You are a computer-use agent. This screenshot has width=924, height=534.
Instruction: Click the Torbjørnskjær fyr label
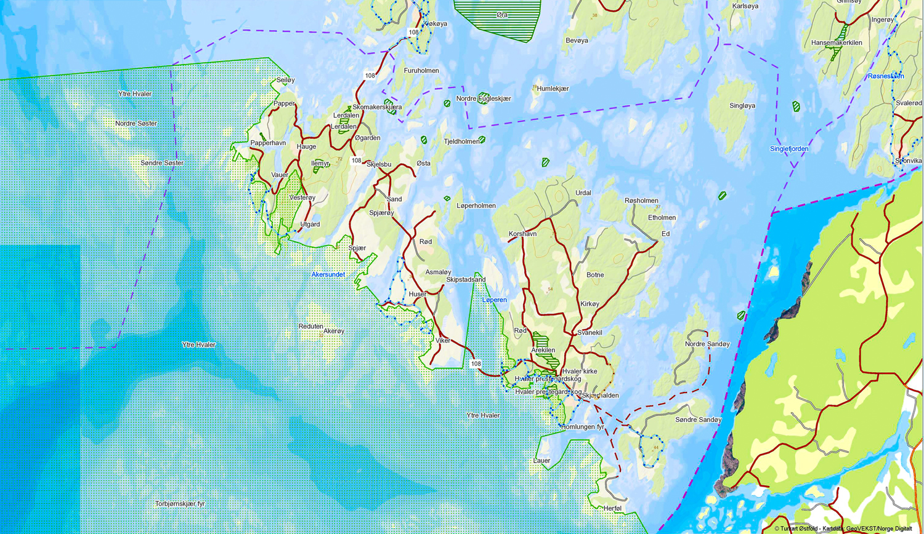[x=180, y=504]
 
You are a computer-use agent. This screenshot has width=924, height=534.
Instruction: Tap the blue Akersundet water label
[x=328, y=274]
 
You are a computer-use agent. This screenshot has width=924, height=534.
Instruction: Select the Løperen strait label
[x=494, y=300]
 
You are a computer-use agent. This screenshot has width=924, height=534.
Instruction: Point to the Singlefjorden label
[x=789, y=149]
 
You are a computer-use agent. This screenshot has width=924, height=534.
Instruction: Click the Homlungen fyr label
[x=583, y=427]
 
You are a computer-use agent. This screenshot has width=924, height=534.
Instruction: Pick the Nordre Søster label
[x=136, y=124]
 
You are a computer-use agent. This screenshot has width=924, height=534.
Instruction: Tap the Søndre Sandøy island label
[x=698, y=420]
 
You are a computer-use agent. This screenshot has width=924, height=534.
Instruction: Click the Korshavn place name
[x=522, y=234]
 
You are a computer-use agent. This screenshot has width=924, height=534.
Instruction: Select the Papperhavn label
[x=268, y=143]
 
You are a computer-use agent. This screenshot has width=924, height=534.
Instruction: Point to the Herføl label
[x=613, y=509]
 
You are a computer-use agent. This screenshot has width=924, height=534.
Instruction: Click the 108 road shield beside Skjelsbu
[x=357, y=161]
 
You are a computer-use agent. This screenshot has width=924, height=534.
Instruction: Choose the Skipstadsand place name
[x=466, y=280]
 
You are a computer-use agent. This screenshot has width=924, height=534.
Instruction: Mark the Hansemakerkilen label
[x=837, y=43]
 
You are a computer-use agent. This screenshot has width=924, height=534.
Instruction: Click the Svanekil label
[x=590, y=333]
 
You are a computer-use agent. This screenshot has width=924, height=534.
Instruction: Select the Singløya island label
[x=742, y=106]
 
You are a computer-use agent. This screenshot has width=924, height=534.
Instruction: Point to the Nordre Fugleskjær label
[x=484, y=99]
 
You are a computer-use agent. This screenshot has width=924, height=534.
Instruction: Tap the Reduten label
[x=311, y=327]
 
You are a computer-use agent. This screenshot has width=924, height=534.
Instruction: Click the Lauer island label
[x=541, y=461]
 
